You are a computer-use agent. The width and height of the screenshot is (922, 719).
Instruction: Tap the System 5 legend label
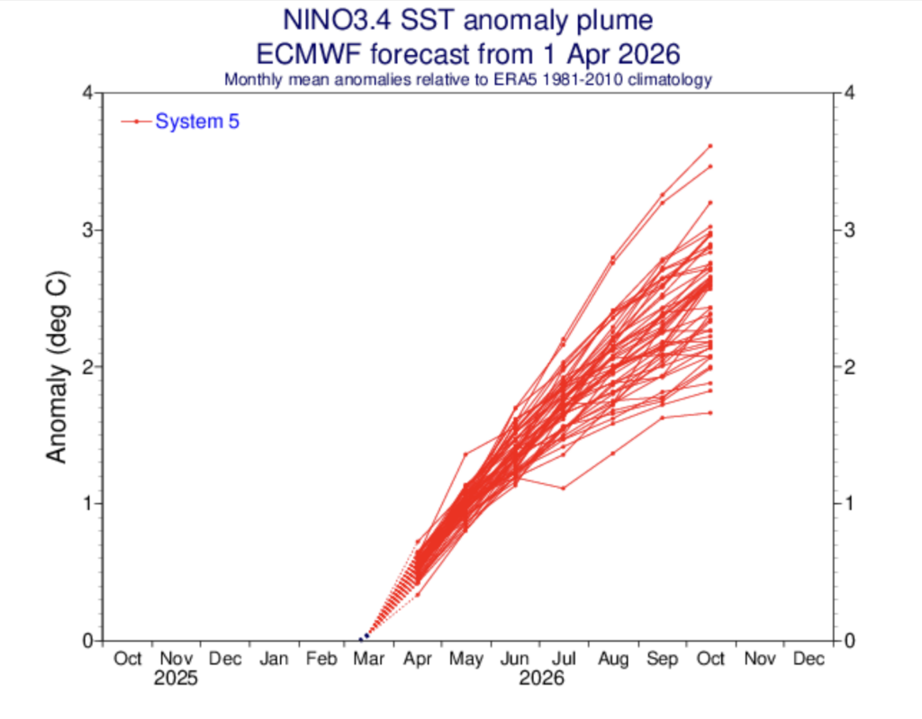[x=197, y=121]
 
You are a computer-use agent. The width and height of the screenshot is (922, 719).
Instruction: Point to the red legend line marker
[x=136, y=121]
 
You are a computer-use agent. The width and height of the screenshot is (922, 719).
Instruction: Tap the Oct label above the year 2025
[x=128, y=659]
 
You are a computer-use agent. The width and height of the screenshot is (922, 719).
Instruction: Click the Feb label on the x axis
[x=322, y=659]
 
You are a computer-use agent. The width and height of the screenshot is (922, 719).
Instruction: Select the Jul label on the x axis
[x=565, y=659]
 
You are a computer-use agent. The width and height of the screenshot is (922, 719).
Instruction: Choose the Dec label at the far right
[x=809, y=659]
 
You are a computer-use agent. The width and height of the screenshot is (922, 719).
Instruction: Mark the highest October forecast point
[x=710, y=145]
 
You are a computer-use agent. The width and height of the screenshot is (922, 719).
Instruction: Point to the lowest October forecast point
[x=710, y=413]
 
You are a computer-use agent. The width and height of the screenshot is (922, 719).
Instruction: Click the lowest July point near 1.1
[x=564, y=489]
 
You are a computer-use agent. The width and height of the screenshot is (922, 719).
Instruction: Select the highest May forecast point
[x=466, y=454]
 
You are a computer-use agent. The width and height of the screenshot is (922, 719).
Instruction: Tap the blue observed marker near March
[x=366, y=635]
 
